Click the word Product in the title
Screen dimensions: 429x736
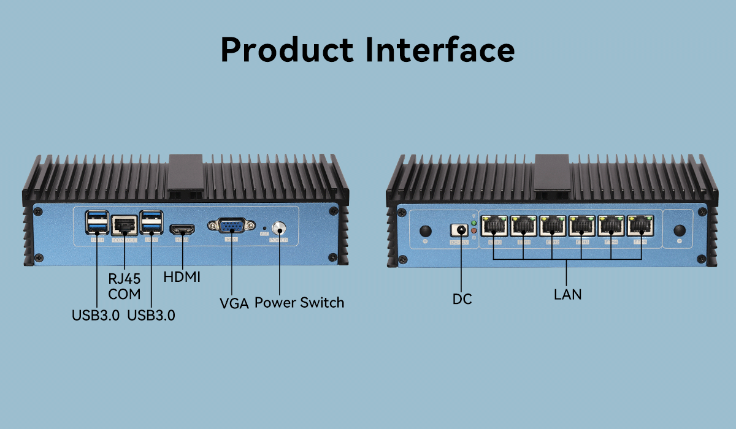(x=288, y=49)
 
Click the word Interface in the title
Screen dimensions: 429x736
(x=440, y=49)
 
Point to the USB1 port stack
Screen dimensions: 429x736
(x=98, y=223)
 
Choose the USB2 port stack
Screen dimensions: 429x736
(x=151, y=223)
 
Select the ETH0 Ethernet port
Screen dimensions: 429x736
(x=494, y=227)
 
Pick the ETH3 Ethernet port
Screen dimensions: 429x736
(x=582, y=227)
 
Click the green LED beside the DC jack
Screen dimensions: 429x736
(x=473, y=223)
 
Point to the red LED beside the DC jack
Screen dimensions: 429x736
(x=473, y=230)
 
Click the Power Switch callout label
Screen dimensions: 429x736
(x=299, y=303)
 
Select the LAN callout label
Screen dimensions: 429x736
(x=567, y=294)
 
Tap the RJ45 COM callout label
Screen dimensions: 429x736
(x=125, y=286)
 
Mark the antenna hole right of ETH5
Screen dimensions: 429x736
(x=679, y=230)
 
